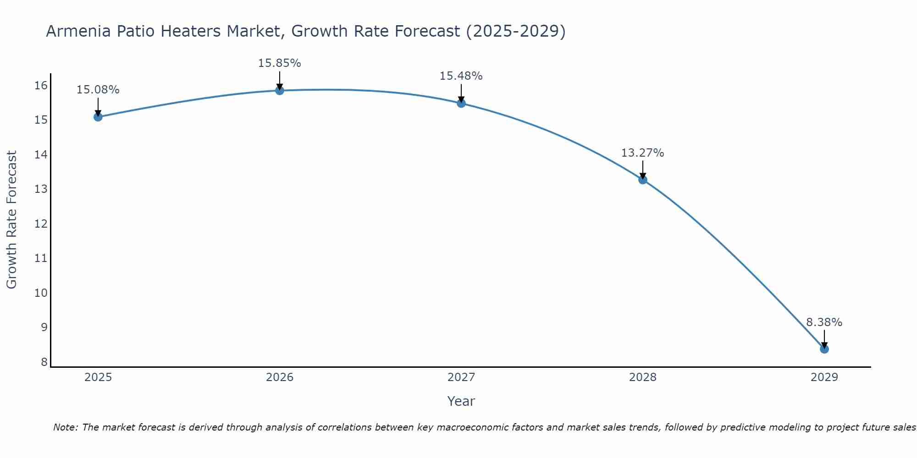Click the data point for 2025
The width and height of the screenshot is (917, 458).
point(98,117)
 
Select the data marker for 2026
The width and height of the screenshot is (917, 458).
point(279,90)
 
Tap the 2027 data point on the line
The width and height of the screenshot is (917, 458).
point(461,103)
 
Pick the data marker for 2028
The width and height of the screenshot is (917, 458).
point(643,180)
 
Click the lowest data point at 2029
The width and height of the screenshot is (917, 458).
point(824,349)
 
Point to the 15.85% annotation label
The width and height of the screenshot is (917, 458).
point(279,63)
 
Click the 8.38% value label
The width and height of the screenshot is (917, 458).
point(824,322)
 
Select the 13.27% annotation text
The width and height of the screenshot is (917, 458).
point(643,153)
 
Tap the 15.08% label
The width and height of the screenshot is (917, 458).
point(98,90)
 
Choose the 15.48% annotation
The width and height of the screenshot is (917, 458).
point(461,76)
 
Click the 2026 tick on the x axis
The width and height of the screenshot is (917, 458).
point(279,377)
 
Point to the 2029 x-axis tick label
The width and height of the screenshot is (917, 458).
point(824,377)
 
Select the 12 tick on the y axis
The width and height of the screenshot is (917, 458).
point(41,224)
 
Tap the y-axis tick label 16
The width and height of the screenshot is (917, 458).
point(41,86)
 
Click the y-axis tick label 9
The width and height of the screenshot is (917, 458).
point(44,327)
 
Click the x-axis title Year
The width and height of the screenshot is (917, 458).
point(461,401)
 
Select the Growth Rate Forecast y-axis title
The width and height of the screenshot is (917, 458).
point(12,220)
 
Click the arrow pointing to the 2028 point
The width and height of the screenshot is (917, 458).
point(643,169)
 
